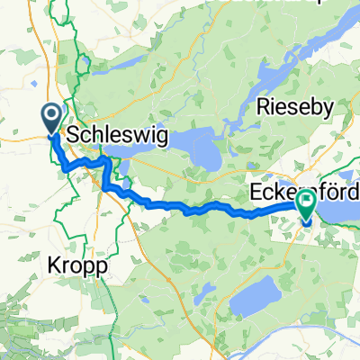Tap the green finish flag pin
307,207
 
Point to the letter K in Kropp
52,266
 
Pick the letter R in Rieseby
264,107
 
